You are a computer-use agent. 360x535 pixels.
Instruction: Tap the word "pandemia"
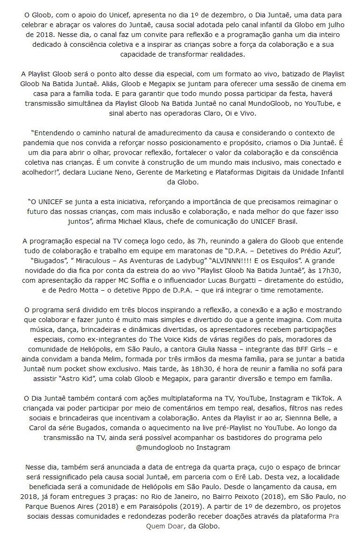click(40, 143)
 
